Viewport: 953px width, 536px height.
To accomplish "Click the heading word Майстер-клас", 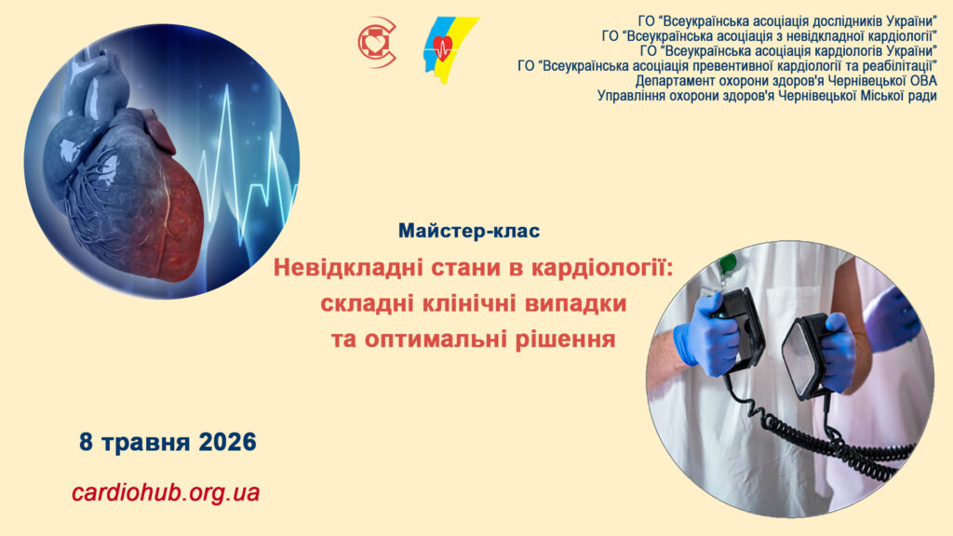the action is (x=469, y=231).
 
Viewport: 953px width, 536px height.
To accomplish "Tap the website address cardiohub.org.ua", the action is (x=166, y=491).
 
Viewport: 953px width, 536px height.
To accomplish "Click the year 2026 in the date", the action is (x=227, y=442).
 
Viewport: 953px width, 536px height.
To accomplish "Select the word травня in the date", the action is (x=145, y=442).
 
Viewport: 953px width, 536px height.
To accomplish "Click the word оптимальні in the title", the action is (x=436, y=339).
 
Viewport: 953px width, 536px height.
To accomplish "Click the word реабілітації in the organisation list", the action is (x=899, y=66).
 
